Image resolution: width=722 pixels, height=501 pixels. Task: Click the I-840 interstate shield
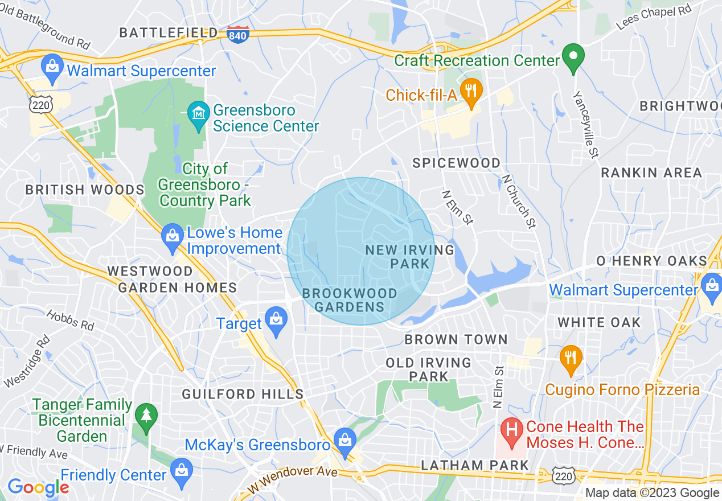pyautogui.click(x=236, y=34)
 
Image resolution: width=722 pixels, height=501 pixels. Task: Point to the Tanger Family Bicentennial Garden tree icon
pyautogui.click(x=146, y=416)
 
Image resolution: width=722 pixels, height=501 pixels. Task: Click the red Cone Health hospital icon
pyautogui.click(x=512, y=433)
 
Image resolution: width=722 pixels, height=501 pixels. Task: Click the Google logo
pyautogui.click(x=38, y=487)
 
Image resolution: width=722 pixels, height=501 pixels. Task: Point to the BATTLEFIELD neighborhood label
pyautogui.click(x=168, y=33)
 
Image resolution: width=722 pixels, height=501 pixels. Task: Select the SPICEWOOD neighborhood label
pyautogui.click(x=456, y=163)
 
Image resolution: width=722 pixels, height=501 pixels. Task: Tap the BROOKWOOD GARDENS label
pyautogui.click(x=350, y=300)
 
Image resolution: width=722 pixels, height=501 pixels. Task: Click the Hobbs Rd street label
pyautogui.click(x=70, y=321)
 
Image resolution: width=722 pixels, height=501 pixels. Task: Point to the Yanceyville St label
pyautogui.click(x=586, y=124)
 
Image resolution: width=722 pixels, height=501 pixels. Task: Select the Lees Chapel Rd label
pyautogui.click(x=655, y=18)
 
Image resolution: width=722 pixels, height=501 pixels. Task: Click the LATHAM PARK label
pyautogui.click(x=475, y=465)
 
